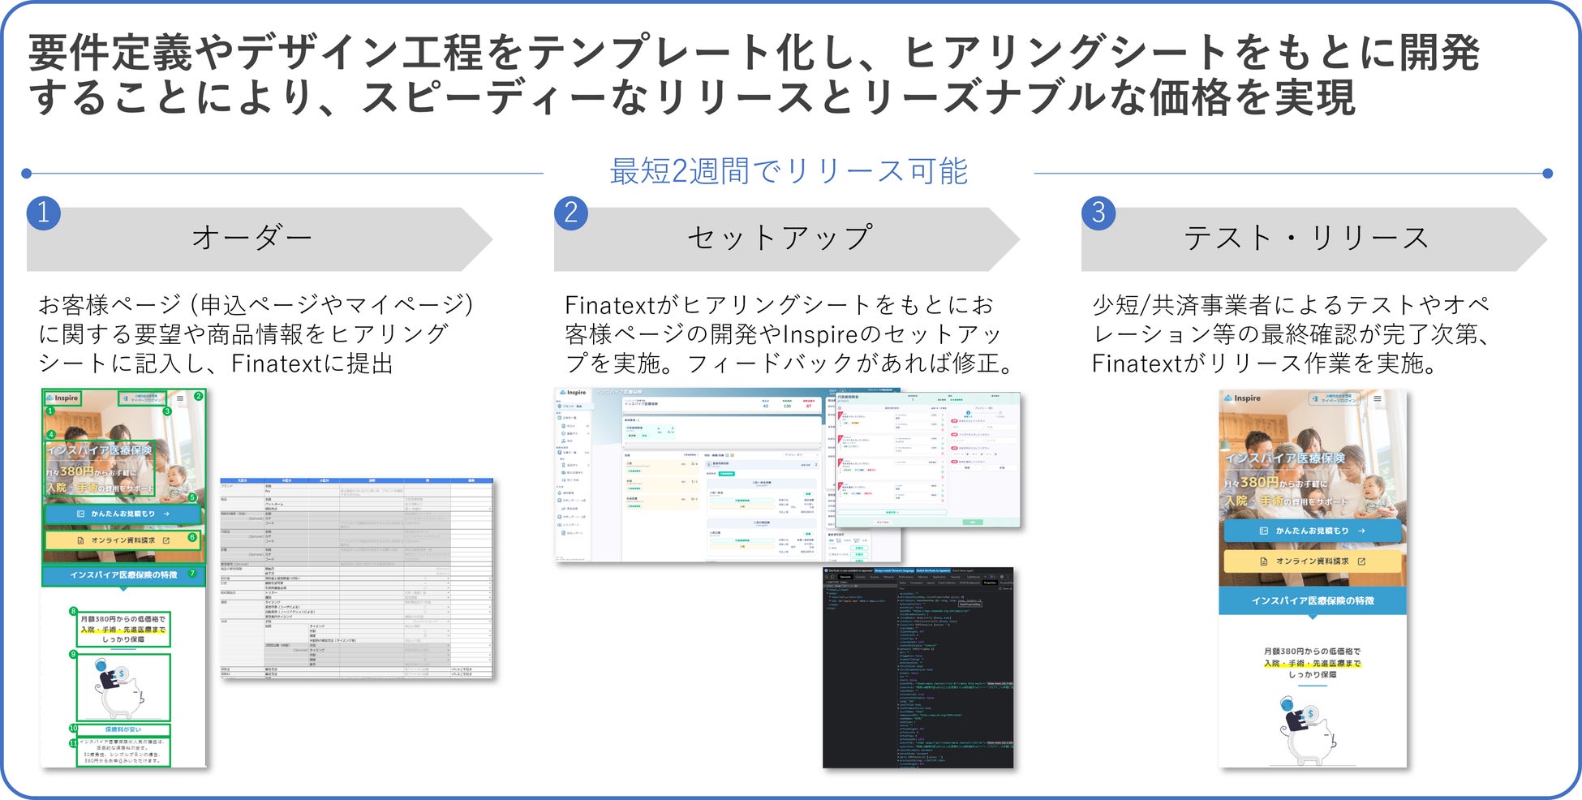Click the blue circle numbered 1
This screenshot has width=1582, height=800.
[x=43, y=213]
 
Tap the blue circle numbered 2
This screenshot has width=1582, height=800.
[x=571, y=213]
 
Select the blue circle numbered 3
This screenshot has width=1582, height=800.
[x=1098, y=213]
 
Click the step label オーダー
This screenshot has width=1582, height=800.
[x=251, y=239]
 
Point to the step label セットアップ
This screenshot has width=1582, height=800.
[x=780, y=239]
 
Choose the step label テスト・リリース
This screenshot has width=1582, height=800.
[x=1306, y=239]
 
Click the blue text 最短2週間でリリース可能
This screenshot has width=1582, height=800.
[x=789, y=172]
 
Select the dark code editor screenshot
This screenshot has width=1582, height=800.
[x=918, y=667]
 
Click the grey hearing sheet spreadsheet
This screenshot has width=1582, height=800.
[x=356, y=578]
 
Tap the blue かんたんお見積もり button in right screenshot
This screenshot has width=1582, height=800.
[x=1312, y=531]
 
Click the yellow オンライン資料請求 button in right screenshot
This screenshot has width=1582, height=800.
[x=1312, y=561]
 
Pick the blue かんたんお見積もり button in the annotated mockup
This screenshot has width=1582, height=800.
[x=123, y=514]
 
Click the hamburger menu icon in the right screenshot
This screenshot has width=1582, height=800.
[x=1377, y=398]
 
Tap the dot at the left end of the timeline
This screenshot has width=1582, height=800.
[x=27, y=173]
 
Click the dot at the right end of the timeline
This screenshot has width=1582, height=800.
[x=1547, y=173]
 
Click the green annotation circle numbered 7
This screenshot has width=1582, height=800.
[x=192, y=574]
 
